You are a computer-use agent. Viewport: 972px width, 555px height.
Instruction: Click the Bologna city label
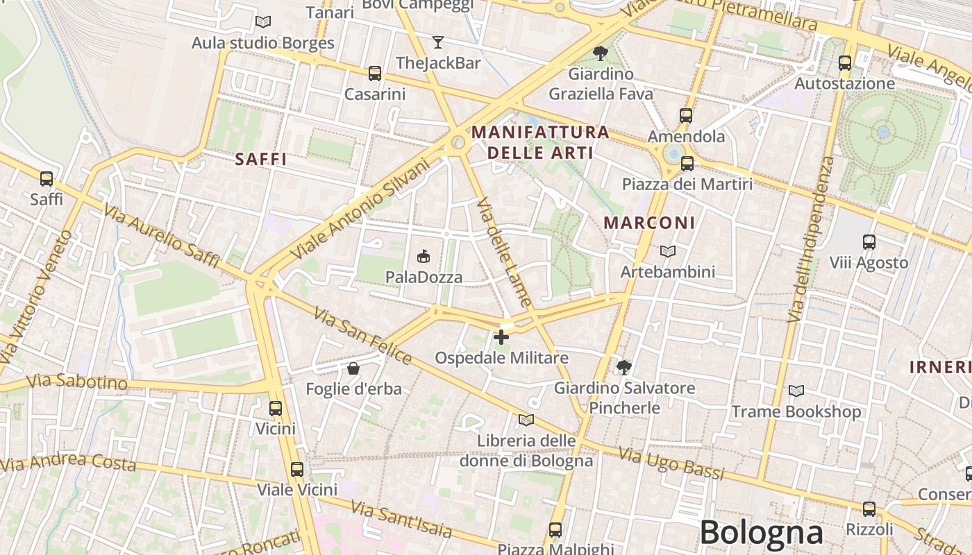click(x=761, y=533)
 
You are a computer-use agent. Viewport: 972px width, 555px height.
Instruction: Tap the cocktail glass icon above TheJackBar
click(x=437, y=42)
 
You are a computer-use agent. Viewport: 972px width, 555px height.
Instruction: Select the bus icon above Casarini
click(x=375, y=73)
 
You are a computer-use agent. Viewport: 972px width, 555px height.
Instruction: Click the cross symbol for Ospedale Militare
click(x=501, y=338)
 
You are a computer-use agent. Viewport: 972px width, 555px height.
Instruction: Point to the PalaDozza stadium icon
click(x=423, y=257)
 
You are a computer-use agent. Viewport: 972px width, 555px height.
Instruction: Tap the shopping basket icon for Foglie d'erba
click(x=353, y=368)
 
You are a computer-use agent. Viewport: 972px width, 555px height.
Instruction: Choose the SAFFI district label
click(x=261, y=159)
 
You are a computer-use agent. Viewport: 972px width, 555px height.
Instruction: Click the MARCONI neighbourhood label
click(x=649, y=223)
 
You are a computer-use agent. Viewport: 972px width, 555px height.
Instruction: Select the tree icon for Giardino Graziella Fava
click(x=601, y=53)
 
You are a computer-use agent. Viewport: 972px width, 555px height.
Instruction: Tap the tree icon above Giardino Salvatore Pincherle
click(x=624, y=367)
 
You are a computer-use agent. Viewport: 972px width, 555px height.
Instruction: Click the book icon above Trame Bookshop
click(x=796, y=391)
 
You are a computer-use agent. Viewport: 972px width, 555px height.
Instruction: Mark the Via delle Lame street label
click(x=505, y=253)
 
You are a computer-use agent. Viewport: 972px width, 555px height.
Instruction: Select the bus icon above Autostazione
click(x=845, y=63)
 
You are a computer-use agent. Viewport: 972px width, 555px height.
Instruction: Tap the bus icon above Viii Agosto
click(x=869, y=242)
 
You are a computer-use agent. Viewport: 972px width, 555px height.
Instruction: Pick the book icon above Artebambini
click(x=667, y=251)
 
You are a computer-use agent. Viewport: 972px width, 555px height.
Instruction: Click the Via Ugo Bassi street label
click(x=671, y=464)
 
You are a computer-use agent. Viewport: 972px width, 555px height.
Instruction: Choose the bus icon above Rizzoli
click(x=869, y=509)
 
